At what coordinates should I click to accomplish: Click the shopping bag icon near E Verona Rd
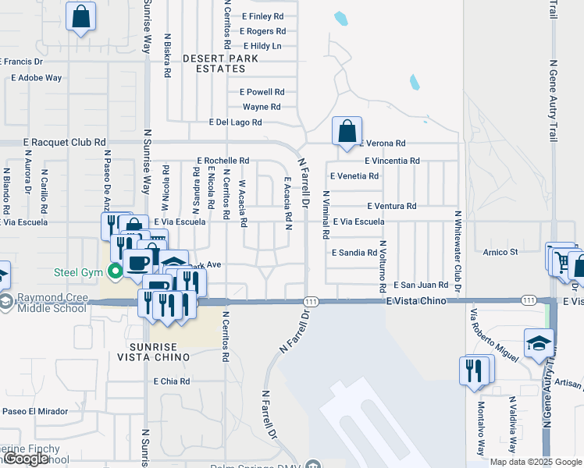tap(346, 130)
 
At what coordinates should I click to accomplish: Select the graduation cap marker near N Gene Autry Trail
tap(539, 344)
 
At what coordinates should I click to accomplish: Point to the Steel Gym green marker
tap(116, 272)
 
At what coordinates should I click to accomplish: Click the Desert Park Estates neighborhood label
tap(214, 63)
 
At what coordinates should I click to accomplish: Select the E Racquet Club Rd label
tap(64, 143)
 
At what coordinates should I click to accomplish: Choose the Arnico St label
tap(500, 252)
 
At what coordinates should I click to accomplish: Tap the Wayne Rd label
tap(262, 107)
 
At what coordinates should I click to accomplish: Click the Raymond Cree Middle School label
tap(52, 303)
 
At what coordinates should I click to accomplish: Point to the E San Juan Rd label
tap(421, 285)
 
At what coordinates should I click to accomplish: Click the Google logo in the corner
tap(25, 459)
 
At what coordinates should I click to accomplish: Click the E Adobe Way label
tap(36, 78)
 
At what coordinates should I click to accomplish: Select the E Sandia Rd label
tap(354, 253)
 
